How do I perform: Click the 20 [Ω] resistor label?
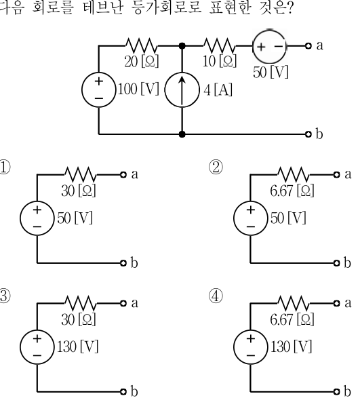coord(142,62)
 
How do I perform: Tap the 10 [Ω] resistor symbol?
coord(220,45)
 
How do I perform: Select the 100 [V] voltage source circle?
coord(99,90)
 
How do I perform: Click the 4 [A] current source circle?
coord(182,90)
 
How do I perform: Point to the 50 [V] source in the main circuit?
coord(270,46)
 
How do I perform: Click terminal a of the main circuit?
coord(308,46)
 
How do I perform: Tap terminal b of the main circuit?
coord(308,134)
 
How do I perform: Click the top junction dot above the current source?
coord(182,46)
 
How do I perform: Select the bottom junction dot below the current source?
coord(182,134)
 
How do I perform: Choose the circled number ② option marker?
coord(216,167)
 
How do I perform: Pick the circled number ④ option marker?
coord(216,296)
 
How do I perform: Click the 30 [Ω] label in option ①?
coord(79,191)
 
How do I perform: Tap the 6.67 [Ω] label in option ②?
coord(292,191)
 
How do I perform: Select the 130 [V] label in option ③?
coord(77,347)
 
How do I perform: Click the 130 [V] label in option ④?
coord(291,347)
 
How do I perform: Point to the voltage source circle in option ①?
coord(37,218)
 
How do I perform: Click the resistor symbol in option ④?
coord(294,303)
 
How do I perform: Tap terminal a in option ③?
coord(123,303)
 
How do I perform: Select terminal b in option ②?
coord(336,263)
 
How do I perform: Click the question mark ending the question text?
coord(289,8)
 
